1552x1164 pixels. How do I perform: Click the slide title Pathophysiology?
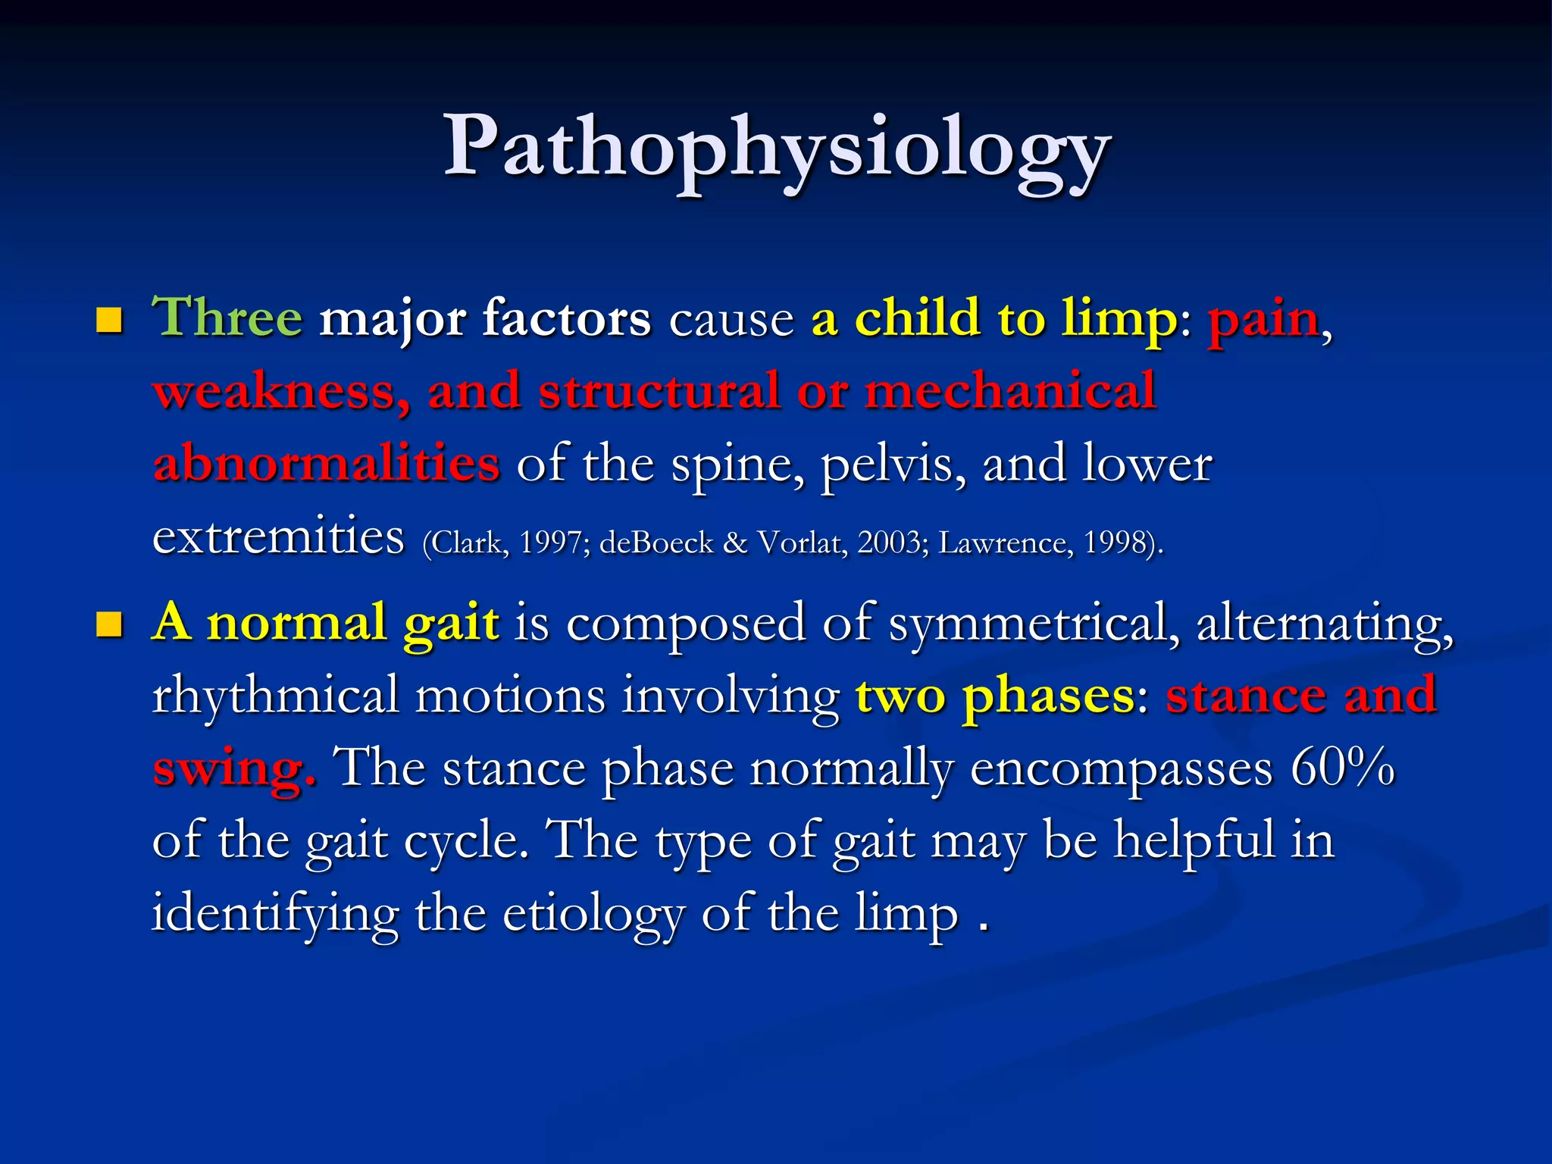pos(776,148)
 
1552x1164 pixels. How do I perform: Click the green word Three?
pos(227,318)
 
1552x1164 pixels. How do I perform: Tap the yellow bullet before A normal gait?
pos(110,625)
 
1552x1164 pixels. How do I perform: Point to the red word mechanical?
pos(1010,391)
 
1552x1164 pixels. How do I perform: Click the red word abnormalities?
pos(326,464)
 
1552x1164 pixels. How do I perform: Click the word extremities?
pos(278,537)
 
